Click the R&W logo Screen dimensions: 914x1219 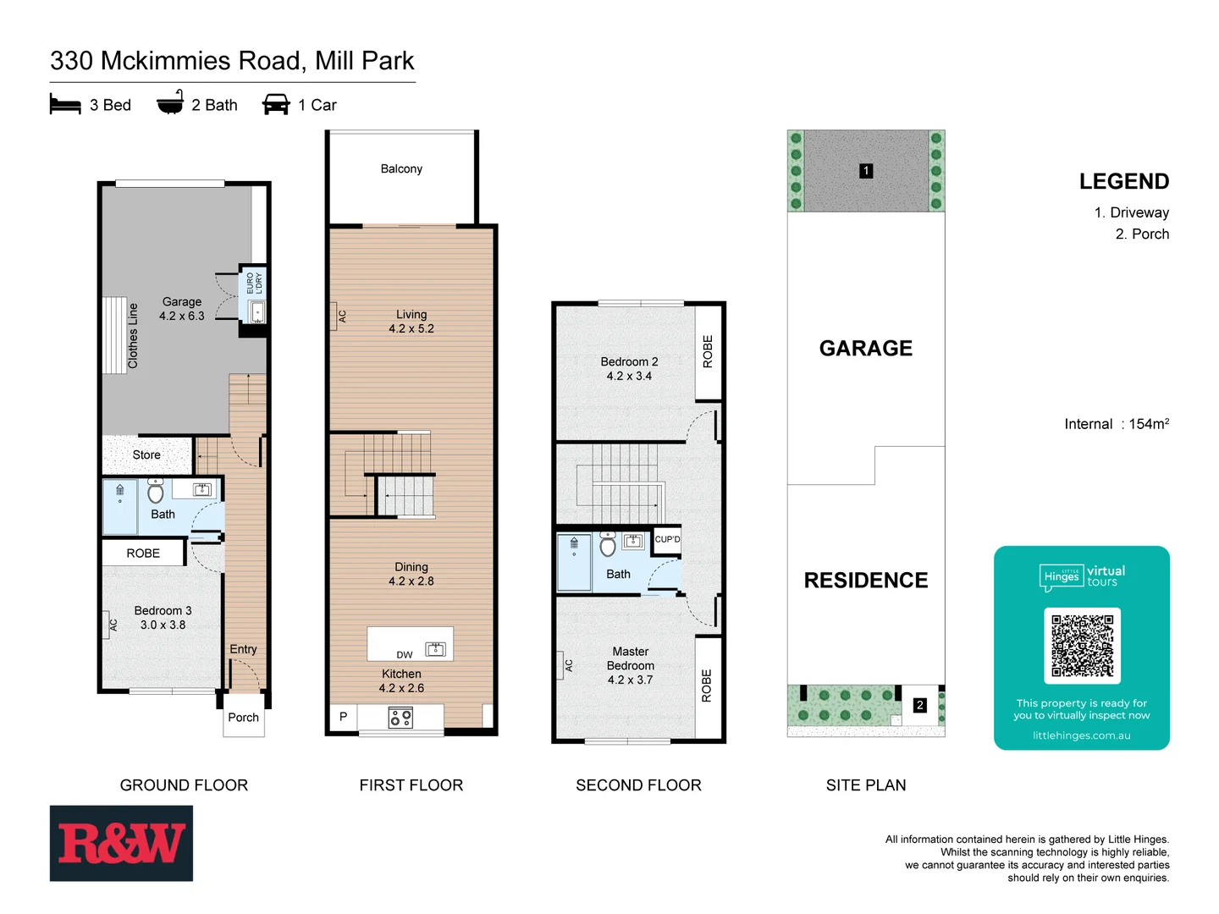[121, 843]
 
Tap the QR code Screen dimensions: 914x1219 [1082, 645]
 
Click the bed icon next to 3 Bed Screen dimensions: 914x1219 [65, 104]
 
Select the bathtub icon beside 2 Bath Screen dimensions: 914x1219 [170, 102]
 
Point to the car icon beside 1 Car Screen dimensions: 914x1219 [276, 104]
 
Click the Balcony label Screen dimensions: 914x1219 [401, 169]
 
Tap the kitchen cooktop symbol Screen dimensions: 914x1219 [400, 719]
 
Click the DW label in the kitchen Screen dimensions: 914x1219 [405, 655]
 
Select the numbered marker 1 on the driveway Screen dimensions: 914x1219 [866, 171]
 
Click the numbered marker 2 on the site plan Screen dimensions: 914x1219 [920, 705]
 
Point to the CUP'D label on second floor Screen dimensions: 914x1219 [667, 539]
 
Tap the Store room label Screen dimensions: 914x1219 [146, 455]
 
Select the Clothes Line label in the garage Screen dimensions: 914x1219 [133, 336]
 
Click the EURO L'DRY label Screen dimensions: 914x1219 [254, 283]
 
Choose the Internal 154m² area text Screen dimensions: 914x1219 [1116, 424]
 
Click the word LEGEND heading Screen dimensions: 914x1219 [1123, 182]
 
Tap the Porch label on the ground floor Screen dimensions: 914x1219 [243, 718]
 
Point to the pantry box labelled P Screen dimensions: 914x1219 [343, 717]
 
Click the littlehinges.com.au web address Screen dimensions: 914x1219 [1081, 735]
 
